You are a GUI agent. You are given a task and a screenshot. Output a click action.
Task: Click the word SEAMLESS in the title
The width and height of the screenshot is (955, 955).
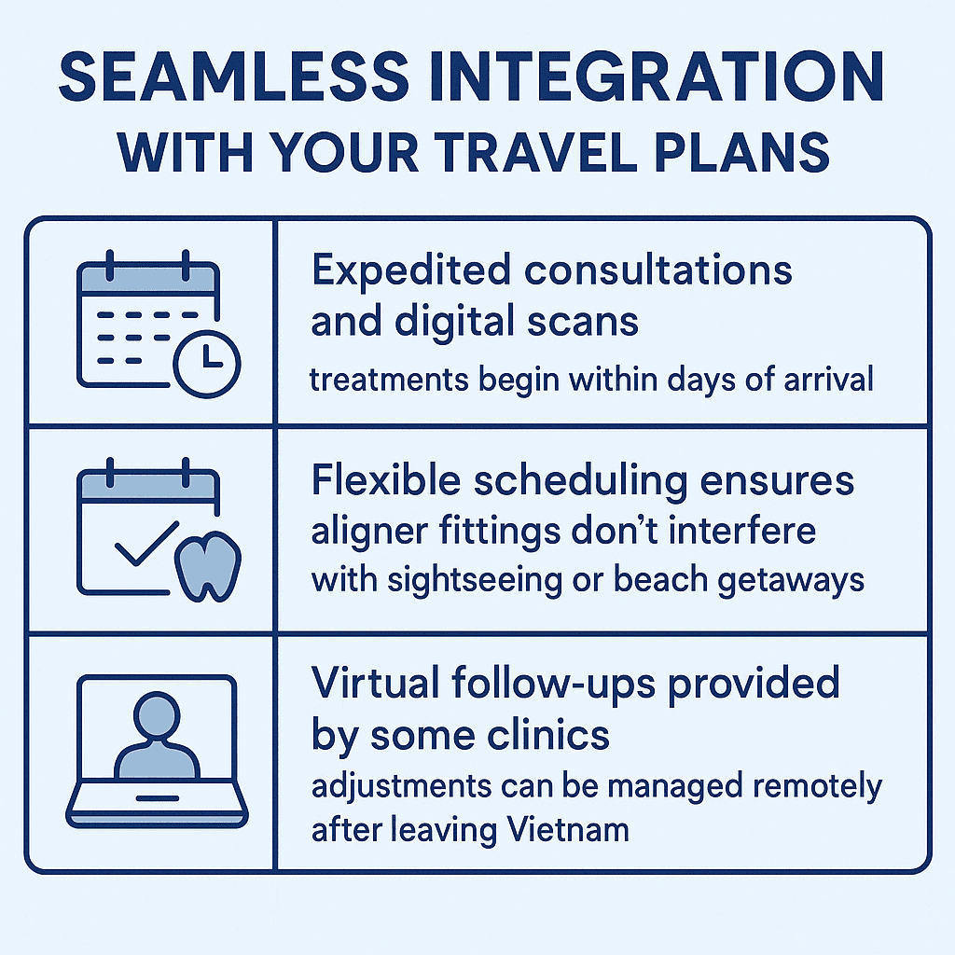tap(234, 76)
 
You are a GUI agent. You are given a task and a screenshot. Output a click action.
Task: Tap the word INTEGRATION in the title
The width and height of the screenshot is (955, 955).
tap(657, 76)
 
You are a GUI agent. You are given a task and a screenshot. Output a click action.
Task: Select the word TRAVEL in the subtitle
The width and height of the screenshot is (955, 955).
tap(535, 152)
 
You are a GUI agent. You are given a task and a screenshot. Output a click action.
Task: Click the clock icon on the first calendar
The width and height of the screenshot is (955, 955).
tap(207, 364)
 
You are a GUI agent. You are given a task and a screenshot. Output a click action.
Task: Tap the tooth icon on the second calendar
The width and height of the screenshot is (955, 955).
tap(208, 567)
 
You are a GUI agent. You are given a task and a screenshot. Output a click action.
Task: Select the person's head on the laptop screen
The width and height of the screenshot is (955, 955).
tap(157, 714)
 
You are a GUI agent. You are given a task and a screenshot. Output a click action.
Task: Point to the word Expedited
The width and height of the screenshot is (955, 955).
tap(411, 271)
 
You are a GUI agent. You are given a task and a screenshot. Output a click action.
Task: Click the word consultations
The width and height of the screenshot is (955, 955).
tap(658, 270)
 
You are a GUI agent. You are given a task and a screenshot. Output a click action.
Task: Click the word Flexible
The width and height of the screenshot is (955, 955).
tap(386, 479)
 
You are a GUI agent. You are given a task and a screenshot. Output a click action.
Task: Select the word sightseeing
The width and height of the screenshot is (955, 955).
tap(475, 580)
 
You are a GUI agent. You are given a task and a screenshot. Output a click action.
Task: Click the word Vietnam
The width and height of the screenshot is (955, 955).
tap(568, 829)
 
